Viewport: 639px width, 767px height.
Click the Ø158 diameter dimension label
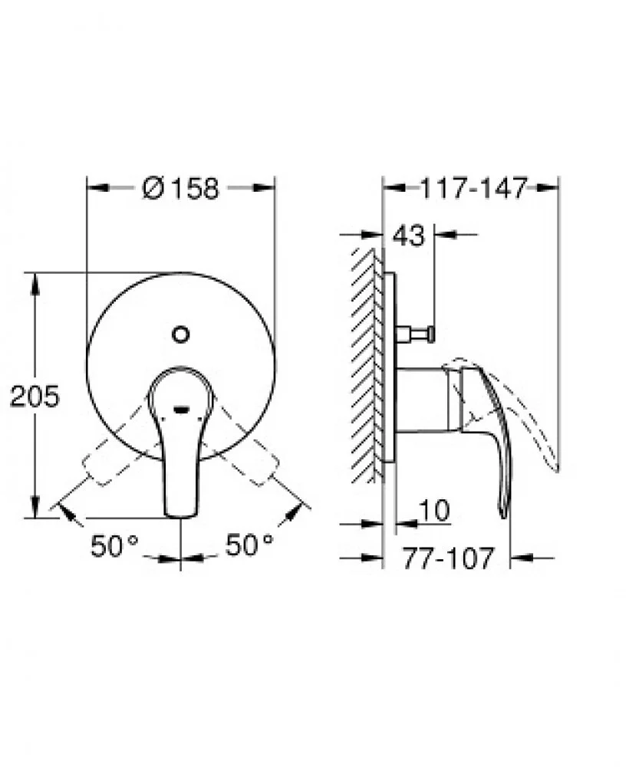coord(181,188)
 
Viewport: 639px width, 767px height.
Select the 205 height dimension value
coord(34,397)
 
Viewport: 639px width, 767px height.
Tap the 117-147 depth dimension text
coord(473,188)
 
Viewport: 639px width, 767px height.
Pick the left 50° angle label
coord(114,545)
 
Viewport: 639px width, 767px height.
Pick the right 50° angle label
coord(249,545)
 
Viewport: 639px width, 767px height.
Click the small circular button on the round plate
coord(181,334)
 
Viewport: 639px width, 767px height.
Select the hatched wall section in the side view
coord(367,364)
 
